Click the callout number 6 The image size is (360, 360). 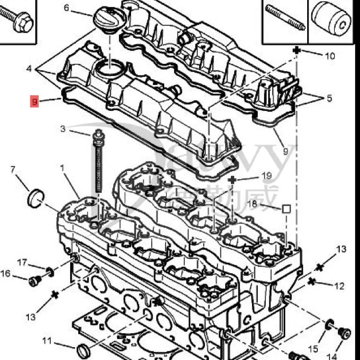66,8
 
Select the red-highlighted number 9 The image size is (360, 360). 34,102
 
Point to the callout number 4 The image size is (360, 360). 29,69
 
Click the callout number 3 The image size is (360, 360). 63,129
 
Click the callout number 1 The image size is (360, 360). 62,168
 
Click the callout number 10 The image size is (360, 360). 330,56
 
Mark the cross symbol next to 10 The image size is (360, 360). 297,50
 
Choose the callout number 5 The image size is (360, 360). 329,99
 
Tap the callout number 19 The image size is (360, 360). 267,176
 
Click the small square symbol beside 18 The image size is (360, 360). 286,209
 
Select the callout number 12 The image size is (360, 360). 339,287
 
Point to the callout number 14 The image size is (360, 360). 332,356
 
